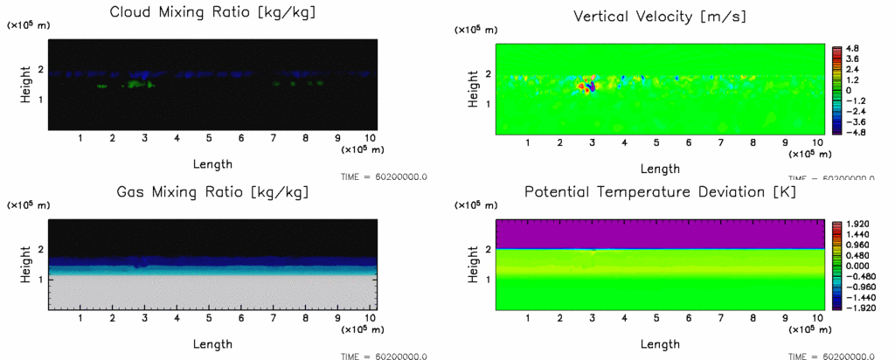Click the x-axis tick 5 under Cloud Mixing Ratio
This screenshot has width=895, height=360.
[209, 138]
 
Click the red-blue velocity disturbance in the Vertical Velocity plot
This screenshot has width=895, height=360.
[590, 84]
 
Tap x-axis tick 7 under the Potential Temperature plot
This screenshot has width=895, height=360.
[721, 319]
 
